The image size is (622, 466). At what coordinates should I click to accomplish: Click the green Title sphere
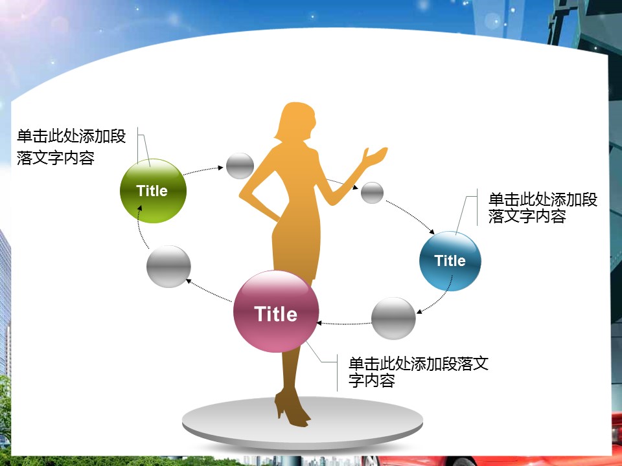153,190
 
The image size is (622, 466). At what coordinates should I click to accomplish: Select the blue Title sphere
450,261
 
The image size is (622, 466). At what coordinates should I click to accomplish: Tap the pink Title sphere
276,311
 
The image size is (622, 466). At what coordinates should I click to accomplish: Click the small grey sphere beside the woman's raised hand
372,193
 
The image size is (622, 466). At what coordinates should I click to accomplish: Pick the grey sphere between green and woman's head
240,166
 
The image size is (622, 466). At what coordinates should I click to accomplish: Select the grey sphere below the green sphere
168,266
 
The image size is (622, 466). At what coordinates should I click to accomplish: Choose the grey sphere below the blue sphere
393,318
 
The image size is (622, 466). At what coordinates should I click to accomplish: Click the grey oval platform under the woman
303,423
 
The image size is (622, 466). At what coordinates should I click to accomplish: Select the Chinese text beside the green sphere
71,147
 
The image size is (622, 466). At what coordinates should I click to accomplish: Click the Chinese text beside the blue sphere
543,208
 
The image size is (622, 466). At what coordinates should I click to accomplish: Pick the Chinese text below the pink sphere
418,372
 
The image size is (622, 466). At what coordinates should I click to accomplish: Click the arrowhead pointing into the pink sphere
319,324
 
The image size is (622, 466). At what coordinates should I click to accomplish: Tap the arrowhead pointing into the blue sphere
432,231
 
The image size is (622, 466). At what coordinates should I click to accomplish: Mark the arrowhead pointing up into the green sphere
140,208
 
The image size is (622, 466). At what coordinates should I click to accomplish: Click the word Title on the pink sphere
276,314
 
